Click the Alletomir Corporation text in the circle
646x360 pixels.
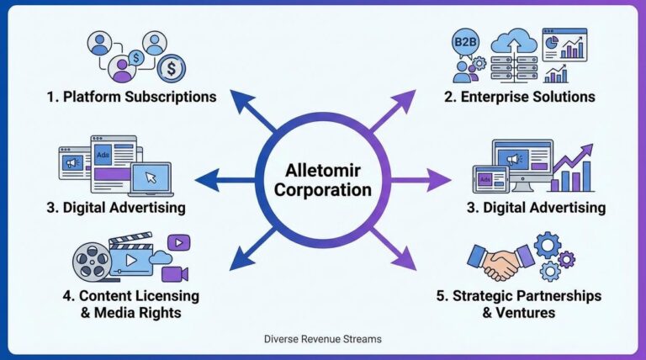[x=323, y=180]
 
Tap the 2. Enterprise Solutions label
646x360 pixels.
[x=519, y=97]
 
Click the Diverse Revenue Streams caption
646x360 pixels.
[x=322, y=339]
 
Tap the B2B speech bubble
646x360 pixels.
[x=466, y=42]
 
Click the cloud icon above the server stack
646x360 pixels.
[x=512, y=42]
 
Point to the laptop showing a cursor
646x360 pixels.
[x=150, y=177]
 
